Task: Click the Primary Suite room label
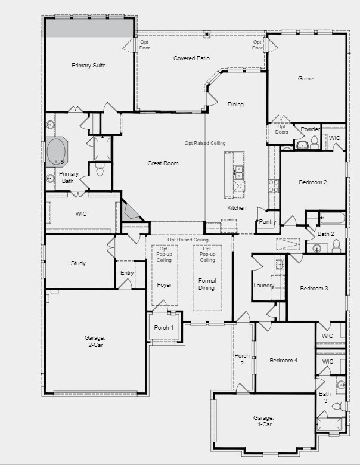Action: point(88,66)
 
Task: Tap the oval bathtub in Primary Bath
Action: point(57,151)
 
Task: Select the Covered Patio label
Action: point(191,58)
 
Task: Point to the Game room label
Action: point(305,79)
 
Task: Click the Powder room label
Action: point(311,129)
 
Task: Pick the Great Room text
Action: point(163,163)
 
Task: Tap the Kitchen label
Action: point(236,207)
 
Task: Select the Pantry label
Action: point(267,221)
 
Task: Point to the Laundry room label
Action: point(263,285)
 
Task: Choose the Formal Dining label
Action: point(207,284)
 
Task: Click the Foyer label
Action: point(164,285)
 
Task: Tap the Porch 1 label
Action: point(163,327)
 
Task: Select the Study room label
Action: point(78,263)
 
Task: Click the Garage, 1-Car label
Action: point(263,421)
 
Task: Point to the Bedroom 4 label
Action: point(283,361)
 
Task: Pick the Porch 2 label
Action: point(241,359)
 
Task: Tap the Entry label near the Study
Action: point(127,273)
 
